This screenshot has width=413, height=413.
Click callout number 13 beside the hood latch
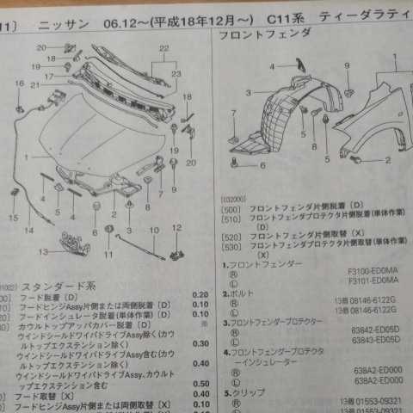(x=43, y=251)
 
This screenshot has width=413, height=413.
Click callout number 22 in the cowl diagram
(x=162, y=49)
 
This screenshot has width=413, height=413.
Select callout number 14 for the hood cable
(x=29, y=231)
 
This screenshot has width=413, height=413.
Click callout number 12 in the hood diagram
(x=176, y=228)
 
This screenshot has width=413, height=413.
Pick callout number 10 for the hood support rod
(x=153, y=231)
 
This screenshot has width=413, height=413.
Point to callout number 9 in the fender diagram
(x=348, y=65)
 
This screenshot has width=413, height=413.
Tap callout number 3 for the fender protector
(x=249, y=91)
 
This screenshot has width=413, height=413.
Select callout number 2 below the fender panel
(x=387, y=159)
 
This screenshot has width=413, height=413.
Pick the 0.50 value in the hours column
(x=200, y=383)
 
